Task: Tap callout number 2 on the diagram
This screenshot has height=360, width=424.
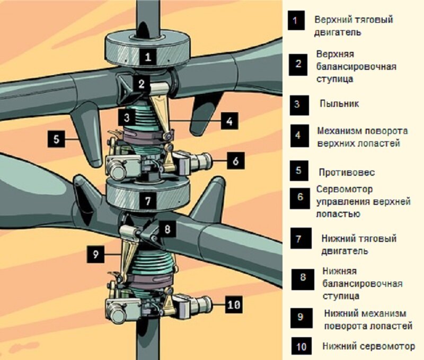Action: click(x=142, y=83)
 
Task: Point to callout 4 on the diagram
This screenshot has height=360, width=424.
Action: click(x=228, y=121)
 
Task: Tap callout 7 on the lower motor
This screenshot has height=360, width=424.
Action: click(x=148, y=201)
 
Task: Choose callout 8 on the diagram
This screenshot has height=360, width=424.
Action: click(x=166, y=230)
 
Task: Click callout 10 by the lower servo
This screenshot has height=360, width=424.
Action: click(x=234, y=304)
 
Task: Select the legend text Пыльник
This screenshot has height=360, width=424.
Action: click(x=339, y=104)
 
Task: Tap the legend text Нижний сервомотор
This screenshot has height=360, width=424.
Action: click(x=369, y=347)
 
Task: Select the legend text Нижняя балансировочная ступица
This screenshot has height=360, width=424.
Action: click(x=362, y=283)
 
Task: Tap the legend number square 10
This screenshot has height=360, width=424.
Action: click(x=301, y=347)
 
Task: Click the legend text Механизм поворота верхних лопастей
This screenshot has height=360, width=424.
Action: click(x=362, y=136)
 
